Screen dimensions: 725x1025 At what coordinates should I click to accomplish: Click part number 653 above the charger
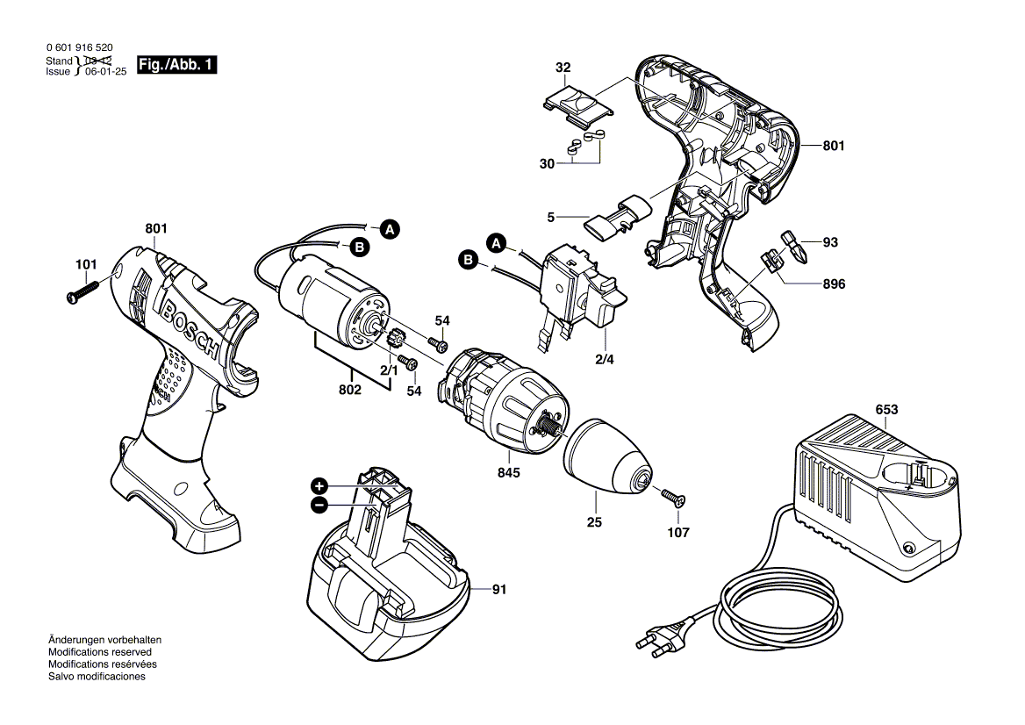pyautogui.click(x=887, y=409)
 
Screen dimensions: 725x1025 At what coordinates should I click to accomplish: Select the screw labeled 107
pyautogui.click(x=672, y=499)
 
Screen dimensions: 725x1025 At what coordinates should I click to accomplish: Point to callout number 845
pyautogui.click(x=508, y=472)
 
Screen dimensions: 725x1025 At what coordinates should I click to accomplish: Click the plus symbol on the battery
pyautogui.click(x=319, y=485)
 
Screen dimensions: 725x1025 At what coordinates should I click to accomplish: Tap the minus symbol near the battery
pyautogui.click(x=319, y=505)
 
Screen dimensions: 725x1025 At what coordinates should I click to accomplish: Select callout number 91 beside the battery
pyautogui.click(x=499, y=590)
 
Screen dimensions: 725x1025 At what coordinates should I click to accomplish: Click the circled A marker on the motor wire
pyautogui.click(x=389, y=230)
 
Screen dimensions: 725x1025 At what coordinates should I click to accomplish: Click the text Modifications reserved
pyautogui.click(x=99, y=652)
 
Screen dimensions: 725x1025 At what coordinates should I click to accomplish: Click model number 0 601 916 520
pyautogui.click(x=78, y=49)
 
